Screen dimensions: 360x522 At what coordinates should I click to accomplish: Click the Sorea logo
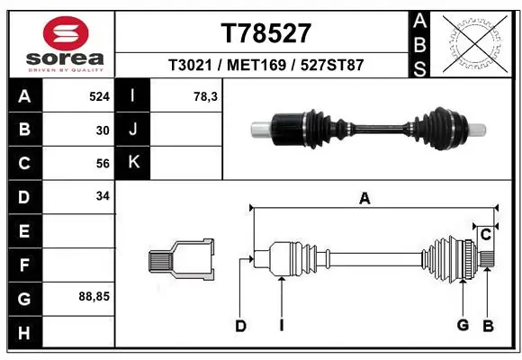59,42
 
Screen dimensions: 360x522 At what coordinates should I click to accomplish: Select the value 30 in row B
103,130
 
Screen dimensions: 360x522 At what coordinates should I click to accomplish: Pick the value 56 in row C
103,164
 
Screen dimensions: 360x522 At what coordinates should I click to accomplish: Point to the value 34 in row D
103,196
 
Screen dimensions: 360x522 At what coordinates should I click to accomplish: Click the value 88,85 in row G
95,295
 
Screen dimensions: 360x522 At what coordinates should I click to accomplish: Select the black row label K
134,163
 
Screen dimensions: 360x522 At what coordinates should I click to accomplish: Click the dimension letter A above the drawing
364,199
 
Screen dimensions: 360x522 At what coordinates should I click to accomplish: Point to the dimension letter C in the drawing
485,235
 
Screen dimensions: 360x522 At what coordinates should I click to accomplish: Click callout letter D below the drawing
240,326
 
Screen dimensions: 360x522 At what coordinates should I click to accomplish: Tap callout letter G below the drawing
463,326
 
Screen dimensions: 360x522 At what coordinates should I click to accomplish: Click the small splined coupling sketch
181,259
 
